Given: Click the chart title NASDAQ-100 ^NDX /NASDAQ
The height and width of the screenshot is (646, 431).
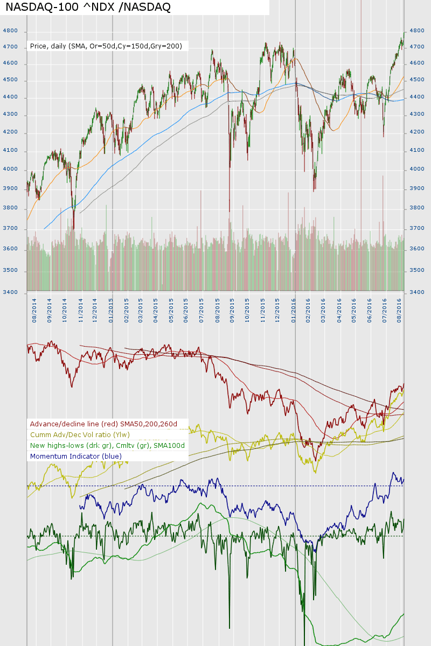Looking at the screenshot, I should coord(88,7).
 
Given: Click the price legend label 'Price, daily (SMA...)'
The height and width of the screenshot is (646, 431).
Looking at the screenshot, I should coord(106,46).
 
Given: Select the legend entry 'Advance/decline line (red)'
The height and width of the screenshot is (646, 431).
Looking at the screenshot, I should coord(103,424).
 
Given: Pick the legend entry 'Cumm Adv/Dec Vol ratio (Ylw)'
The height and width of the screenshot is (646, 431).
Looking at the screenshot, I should coord(80,435).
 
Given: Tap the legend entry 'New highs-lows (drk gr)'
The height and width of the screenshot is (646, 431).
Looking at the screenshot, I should coord(107,446).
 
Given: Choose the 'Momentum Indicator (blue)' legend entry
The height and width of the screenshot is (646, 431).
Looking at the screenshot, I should coord(76,457).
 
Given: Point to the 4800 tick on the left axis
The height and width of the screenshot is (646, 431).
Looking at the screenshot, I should coord(10,31).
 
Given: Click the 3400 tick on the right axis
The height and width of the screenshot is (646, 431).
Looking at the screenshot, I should coord(418,292).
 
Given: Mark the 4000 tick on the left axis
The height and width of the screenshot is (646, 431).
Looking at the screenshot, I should coord(10,170).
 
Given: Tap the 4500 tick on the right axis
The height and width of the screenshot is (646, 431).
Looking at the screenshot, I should coord(418,80).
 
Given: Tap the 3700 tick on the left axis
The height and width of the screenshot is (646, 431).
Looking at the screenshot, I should coord(10,229).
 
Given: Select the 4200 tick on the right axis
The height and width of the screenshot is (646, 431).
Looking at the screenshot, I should coord(418,133).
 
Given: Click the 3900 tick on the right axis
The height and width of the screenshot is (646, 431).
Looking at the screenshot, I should coord(418,188).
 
